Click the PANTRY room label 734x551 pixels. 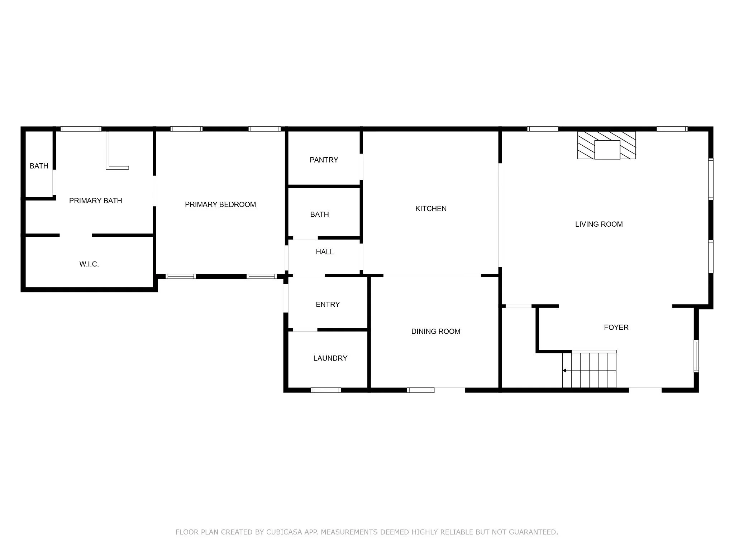point(324,160)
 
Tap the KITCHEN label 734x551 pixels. point(431,209)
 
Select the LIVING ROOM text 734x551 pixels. point(599,224)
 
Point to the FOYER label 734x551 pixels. point(616,327)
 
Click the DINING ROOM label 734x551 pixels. point(436,331)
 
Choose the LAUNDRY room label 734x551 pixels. point(330,358)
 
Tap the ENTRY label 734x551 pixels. point(328,305)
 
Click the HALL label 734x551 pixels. point(325,252)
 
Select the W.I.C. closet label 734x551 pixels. point(89,264)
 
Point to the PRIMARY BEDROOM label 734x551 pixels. point(220,205)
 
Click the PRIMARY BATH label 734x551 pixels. point(96,201)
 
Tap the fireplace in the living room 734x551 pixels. point(607,145)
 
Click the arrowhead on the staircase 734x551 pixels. point(564,371)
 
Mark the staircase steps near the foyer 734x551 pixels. point(589,370)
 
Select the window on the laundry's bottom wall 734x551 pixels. point(325,390)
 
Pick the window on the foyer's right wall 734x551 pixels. point(696,356)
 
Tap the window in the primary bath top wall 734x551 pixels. point(81,129)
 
